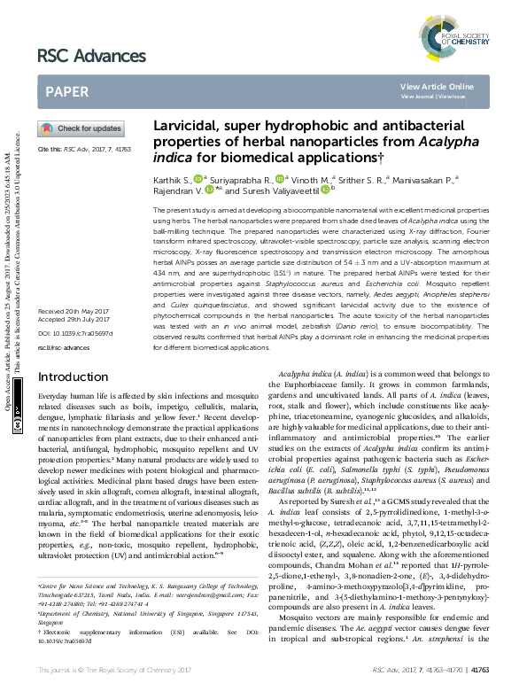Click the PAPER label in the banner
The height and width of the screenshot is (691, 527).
point(66,90)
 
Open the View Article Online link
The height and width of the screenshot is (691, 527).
point(437,86)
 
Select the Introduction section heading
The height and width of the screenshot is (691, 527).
point(73,377)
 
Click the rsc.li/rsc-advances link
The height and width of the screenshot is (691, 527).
point(63,349)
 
